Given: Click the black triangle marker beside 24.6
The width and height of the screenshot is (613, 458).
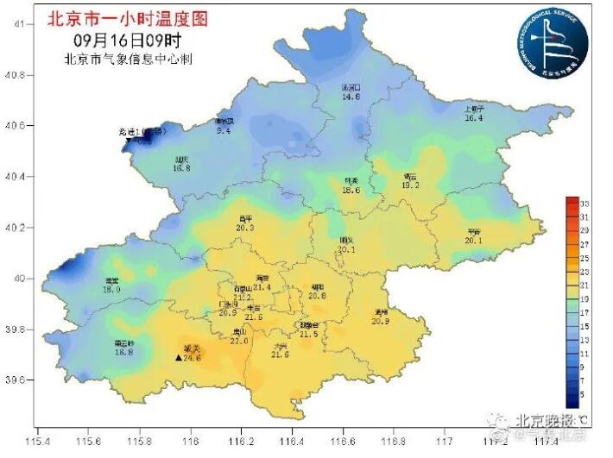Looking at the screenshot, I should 179,356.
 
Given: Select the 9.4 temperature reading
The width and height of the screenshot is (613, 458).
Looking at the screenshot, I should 224,131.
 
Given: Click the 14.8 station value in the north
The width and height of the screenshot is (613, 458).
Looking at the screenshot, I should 350,97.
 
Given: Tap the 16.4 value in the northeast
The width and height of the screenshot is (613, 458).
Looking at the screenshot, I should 473,118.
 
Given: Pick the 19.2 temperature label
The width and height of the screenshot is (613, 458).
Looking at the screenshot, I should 410,185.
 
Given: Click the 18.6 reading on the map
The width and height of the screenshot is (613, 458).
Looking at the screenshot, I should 351,190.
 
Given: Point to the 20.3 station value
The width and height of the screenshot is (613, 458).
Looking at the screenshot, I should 244,227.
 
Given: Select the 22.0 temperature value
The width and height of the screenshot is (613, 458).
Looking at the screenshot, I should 239,341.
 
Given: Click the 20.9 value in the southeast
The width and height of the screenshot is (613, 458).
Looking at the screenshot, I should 381,321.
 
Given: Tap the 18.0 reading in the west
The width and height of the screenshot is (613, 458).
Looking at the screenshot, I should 111,290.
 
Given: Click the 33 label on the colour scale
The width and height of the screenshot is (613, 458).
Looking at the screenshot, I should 585,202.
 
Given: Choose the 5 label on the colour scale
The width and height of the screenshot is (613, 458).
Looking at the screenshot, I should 585,394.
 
